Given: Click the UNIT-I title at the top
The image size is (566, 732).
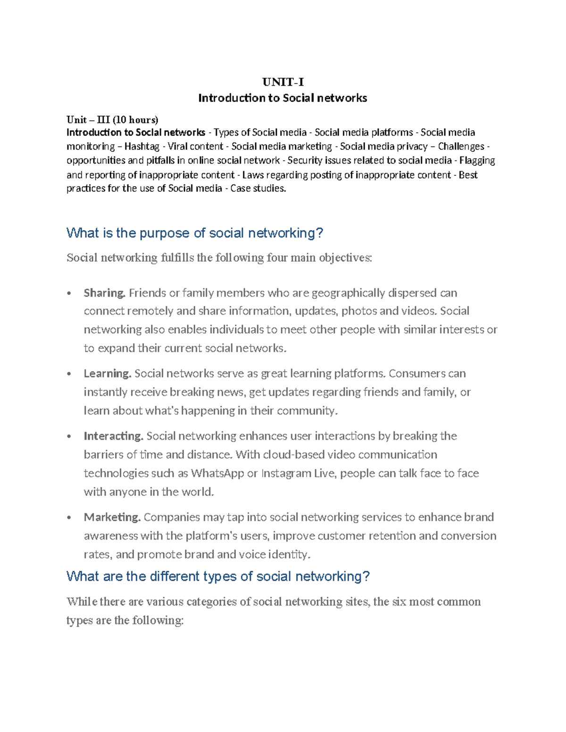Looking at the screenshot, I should pos(283,82).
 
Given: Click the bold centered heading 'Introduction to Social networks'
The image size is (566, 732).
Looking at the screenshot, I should pos(283,98).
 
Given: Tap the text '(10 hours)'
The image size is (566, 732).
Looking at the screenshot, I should pos(135,119).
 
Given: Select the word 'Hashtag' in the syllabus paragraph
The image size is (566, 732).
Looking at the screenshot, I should pos(141,147).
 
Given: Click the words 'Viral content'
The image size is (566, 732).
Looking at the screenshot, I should pos(195,147).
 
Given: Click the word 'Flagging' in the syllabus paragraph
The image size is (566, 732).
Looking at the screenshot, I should pos(477,160).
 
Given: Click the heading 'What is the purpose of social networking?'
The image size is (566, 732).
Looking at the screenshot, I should pos(195,233).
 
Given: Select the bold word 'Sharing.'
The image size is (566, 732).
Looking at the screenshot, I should pos(105,293).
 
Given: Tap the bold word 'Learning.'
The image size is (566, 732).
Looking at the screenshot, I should pos(108,374).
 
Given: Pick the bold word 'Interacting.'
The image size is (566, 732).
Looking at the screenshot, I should pos(113,436).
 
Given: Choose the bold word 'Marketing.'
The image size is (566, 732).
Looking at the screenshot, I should pos(112,517).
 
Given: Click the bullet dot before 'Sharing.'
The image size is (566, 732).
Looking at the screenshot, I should pos(69,294).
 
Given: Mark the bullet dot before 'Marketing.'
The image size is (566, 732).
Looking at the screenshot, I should pos(69,518).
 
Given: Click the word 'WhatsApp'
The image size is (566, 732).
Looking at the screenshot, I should pos(217,473).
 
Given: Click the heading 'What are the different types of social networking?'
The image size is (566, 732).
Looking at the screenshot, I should pos(218,576).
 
